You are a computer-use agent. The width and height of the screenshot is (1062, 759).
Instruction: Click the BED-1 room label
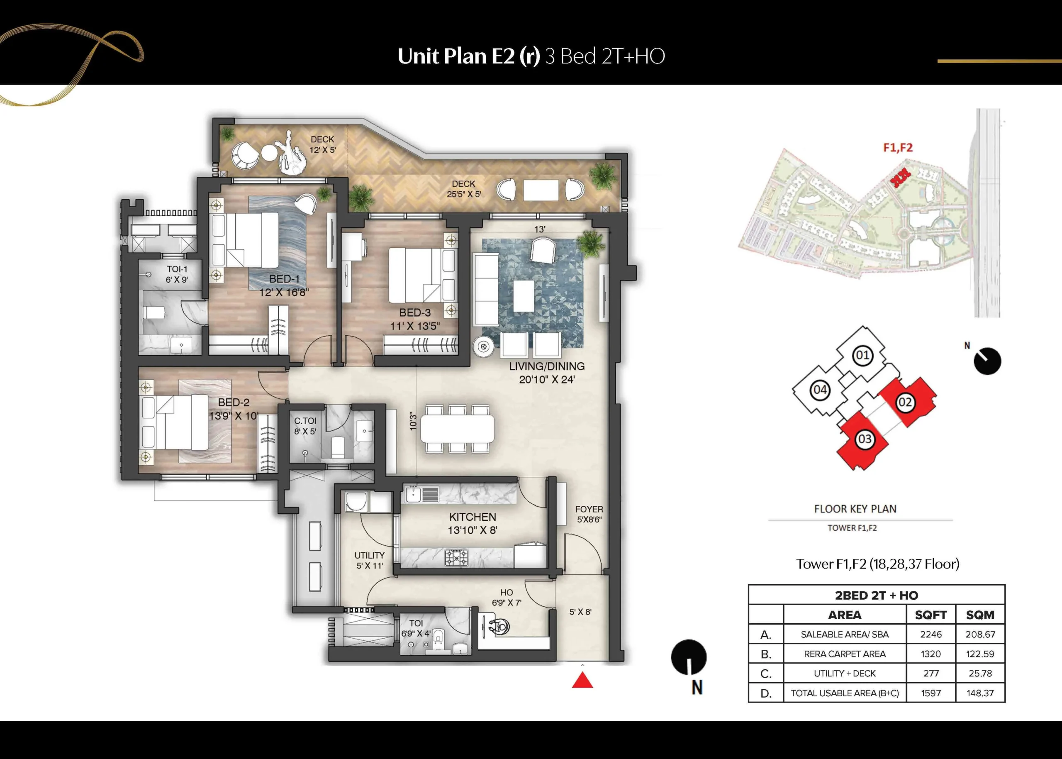tap(284, 278)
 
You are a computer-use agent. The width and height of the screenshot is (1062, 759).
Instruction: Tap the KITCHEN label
tap(473, 517)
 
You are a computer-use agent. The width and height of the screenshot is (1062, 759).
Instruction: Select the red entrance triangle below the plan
tap(582, 681)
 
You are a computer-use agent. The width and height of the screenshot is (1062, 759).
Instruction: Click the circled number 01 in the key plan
tap(862, 356)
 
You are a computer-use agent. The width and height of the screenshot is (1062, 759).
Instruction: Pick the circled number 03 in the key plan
tap(865, 439)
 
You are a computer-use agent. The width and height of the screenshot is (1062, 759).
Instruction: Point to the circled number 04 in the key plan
tap(820, 390)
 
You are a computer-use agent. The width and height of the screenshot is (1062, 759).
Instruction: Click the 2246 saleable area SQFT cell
tap(931, 635)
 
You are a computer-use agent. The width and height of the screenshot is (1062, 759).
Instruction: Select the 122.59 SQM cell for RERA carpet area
tap(980, 654)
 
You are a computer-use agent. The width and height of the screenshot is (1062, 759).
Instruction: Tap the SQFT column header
tap(931, 615)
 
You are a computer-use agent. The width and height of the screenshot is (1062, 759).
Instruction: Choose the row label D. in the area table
tap(766, 693)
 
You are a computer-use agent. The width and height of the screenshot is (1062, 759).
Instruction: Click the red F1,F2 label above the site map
tap(898, 148)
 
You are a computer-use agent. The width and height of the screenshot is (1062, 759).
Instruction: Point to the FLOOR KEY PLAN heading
tap(855, 509)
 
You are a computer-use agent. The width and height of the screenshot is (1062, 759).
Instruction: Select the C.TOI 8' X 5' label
tap(304, 426)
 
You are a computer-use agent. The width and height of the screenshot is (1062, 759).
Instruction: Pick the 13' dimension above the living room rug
tap(540, 229)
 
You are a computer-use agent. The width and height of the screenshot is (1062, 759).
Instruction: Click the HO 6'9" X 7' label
tap(507, 598)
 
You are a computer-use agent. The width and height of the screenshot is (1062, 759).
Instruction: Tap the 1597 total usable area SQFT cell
tap(931, 693)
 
